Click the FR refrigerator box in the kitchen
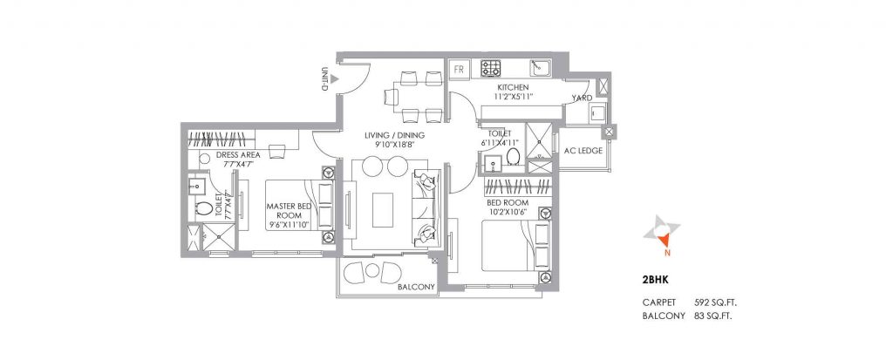tap(460, 68)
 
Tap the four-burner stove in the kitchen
tap(492, 68)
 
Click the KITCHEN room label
tap(515, 88)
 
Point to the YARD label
tap(582, 98)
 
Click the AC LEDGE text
tap(584, 151)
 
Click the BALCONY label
tap(416, 286)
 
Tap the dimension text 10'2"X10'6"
tap(508, 212)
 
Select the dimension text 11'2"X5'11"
tap(515, 98)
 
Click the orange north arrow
tap(664, 236)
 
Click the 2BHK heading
tap(654, 282)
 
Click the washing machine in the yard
tap(597, 115)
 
